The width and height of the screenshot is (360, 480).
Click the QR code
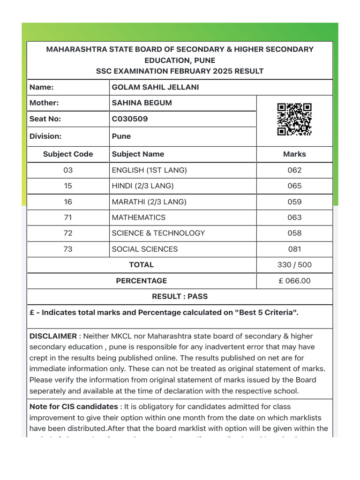pos(294,120)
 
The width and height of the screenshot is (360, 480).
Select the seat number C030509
pos(130,119)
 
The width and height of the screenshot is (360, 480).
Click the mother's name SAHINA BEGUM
pos(142,103)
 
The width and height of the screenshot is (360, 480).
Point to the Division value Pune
pos(121,136)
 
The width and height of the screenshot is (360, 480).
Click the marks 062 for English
pos(294,170)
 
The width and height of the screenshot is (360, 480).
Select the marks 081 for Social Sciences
pos(294,249)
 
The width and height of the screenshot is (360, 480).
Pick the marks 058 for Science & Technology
pos(294,233)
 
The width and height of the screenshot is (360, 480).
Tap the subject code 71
pos(68,217)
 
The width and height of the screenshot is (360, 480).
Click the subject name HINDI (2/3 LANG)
pos(142,186)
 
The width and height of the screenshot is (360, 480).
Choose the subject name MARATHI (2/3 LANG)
pos(149,202)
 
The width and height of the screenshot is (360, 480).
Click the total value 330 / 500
pos(294,265)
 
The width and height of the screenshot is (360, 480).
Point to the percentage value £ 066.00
pos(294,281)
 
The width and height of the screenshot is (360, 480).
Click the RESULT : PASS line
pos(180,297)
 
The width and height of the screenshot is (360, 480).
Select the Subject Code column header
pos(68,154)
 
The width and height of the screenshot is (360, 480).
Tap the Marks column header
pos(294,154)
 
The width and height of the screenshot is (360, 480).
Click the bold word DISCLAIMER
pos(53,336)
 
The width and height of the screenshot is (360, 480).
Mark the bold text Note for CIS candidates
pos(74,407)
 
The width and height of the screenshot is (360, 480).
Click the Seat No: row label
pos(45,119)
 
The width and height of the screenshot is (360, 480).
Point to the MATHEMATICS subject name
pos(138,217)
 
